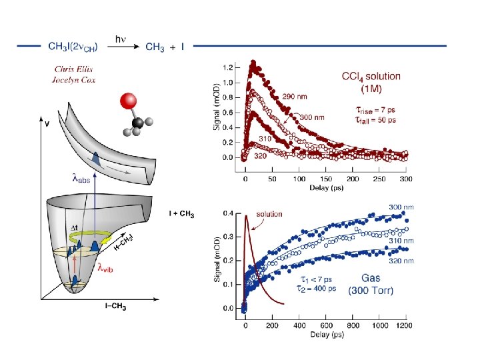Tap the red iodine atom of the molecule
(x=127, y=102)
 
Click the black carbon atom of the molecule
(x=137, y=122)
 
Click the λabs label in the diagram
(x=80, y=178)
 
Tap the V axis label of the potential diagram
(x=46, y=124)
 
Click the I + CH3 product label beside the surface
(x=181, y=214)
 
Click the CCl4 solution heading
(x=371, y=76)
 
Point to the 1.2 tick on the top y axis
(x=227, y=68)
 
